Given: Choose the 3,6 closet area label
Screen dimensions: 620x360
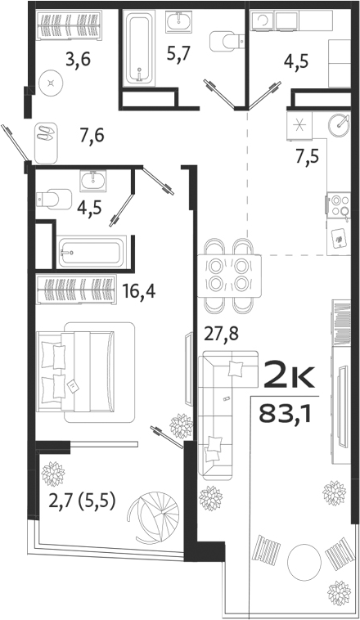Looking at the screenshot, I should (79, 59).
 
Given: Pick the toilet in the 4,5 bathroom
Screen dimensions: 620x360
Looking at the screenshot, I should (53, 199).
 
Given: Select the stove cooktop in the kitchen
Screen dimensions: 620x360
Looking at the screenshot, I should (338, 204).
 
